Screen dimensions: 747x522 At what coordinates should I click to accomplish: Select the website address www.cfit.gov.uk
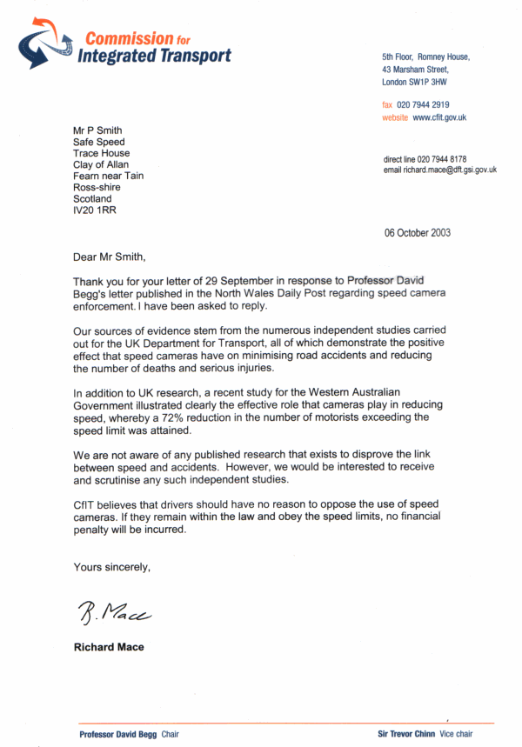click(x=439, y=117)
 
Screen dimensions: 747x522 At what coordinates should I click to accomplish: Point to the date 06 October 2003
click(x=418, y=233)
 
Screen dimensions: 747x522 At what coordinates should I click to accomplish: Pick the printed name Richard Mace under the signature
click(x=109, y=647)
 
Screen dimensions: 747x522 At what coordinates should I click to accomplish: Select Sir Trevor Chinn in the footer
click(x=406, y=734)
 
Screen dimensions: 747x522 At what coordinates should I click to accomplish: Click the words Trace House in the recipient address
click(x=102, y=153)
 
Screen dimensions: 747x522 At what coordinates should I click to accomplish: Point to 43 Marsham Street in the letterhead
click(x=415, y=70)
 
